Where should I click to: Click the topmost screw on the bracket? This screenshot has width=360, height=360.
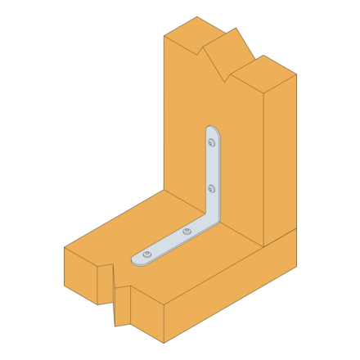tap(211, 143)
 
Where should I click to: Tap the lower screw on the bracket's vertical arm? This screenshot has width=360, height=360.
tap(211, 189)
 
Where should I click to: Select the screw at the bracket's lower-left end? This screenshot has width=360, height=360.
tap(147, 254)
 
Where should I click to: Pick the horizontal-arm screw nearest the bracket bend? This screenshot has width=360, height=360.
tap(187, 232)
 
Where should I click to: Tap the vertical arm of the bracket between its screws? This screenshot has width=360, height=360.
tap(211, 166)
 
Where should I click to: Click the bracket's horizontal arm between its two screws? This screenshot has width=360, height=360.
tap(168, 243)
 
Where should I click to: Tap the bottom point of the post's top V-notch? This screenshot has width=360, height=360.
tap(223, 81)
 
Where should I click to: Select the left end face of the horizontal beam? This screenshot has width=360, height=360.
tap(80, 274)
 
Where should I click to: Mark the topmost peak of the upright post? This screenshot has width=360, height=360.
tap(236, 29)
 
